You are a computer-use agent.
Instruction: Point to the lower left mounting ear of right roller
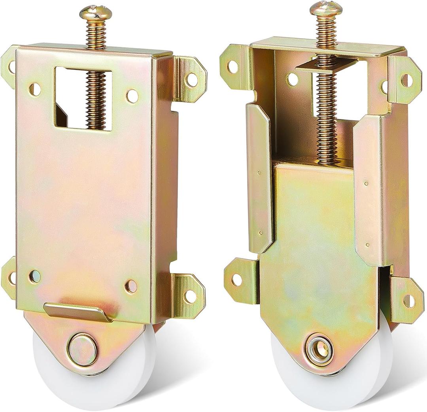[237, 279]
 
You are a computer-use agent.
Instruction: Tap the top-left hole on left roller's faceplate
[34, 89]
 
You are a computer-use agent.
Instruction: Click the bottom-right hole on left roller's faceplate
[131, 286]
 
